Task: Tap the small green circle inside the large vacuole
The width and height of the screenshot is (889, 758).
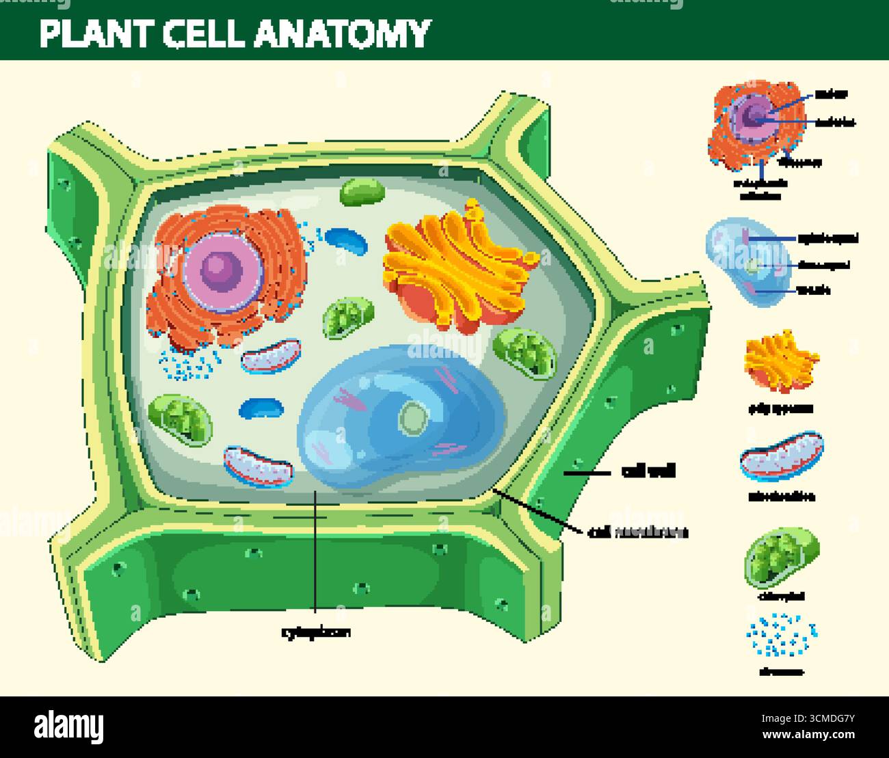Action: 412,417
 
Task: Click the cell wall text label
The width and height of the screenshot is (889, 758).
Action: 648,471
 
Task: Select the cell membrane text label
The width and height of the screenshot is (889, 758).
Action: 637,532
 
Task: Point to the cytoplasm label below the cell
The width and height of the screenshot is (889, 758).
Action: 316,633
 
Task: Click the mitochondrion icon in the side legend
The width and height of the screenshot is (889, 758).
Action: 781,457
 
